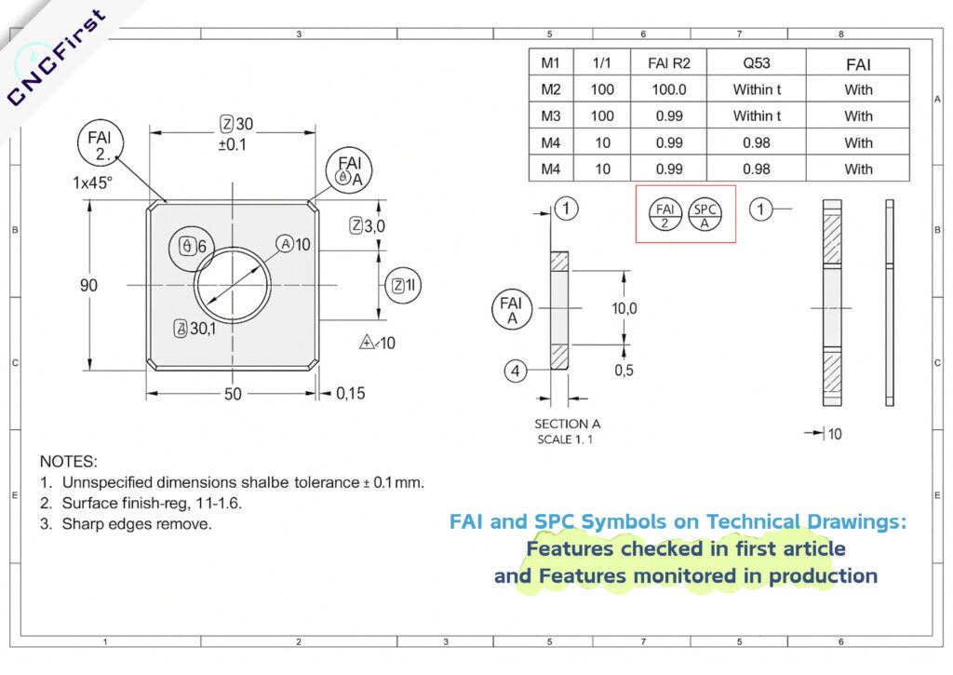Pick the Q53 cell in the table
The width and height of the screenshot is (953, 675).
click(756, 63)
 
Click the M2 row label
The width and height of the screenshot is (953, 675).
click(551, 89)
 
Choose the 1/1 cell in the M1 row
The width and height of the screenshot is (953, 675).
click(602, 63)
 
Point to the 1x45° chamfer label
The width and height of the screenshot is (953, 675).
click(94, 183)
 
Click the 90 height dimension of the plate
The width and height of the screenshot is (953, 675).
click(87, 285)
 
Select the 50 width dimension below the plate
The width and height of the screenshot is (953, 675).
click(232, 394)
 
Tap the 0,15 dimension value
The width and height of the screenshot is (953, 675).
click(350, 394)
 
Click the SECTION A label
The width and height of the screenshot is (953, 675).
click(568, 424)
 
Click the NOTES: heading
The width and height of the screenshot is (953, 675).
click(68, 461)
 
